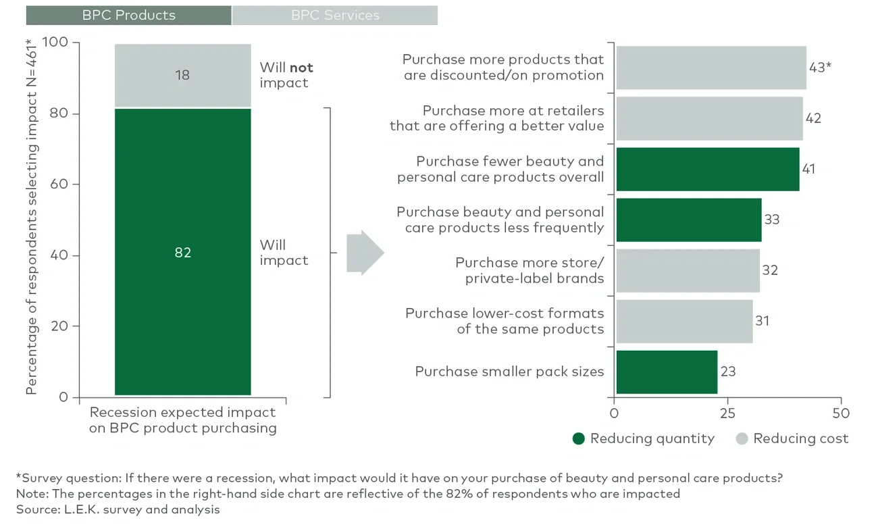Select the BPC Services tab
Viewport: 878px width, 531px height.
click(335, 15)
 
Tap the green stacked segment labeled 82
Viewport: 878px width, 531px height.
click(182, 251)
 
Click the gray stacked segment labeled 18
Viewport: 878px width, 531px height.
click(182, 75)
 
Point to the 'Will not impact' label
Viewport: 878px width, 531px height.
click(286, 75)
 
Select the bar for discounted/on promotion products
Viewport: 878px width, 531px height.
click(711, 68)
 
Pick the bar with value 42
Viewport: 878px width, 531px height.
click(709, 118)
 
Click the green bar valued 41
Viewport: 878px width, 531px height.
click(707, 169)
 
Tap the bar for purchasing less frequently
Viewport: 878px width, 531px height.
click(688, 220)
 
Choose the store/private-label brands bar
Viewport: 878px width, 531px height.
click(688, 270)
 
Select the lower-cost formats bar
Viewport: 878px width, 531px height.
click(684, 321)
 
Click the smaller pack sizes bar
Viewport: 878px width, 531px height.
click(666, 372)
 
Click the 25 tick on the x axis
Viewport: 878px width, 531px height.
click(727, 412)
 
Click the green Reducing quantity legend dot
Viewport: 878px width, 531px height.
click(579, 438)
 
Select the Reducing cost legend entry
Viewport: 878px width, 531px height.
click(792, 438)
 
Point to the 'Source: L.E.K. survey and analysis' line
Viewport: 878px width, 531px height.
click(118, 509)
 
